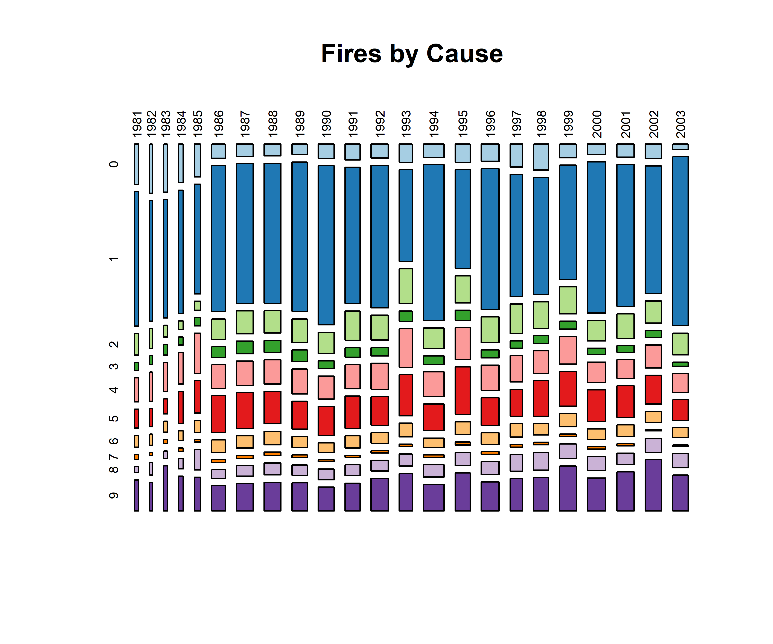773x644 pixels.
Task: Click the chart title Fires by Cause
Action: coord(412,54)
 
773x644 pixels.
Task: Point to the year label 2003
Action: coord(681,124)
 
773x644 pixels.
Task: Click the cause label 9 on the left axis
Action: coord(114,495)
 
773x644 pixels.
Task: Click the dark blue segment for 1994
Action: coord(434,243)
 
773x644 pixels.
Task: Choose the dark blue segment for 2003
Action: coord(680,241)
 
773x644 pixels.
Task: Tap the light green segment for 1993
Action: coord(406,286)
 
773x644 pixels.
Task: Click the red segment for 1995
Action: coord(463,390)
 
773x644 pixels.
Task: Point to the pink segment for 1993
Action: coord(406,348)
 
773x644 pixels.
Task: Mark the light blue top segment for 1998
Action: coord(541,157)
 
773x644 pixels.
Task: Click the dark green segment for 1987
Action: coord(245,347)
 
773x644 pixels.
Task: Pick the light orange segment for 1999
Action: coord(568,420)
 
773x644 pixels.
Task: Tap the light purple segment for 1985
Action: coord(198,459)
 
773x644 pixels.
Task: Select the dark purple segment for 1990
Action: coord(326,499)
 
